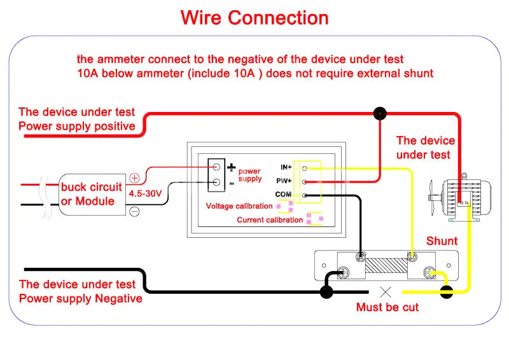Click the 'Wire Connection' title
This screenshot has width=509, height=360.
[x=254, y=18]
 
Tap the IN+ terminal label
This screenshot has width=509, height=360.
[x=286, y=167]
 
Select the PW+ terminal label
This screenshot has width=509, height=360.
[x=284, y=181]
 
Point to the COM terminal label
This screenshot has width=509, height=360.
[x=283, y=194]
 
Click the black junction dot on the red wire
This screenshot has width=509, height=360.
[x=380, y=114]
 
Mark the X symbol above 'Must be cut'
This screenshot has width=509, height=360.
[x=386, y=292]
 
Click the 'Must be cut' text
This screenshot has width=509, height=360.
[x=387, y=307]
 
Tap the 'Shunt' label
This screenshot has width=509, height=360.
[x=442, y=241]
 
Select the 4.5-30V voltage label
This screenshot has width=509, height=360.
[x=145, y=193]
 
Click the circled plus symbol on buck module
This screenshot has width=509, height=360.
[x=134, y=178]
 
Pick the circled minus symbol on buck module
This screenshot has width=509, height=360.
[x=134, y=212]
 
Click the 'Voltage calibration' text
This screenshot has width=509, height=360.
[x=239, y=206]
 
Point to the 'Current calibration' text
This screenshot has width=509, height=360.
[x=270, y=220]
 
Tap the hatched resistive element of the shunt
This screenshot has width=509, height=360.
[x=386, y=266]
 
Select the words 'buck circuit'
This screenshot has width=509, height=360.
[x=91, y=187]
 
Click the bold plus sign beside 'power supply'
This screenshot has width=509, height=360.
[x=231, y=167]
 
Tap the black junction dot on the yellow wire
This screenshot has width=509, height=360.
[x=447, y=292]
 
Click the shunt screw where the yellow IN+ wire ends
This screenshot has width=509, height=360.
[x=412, y=258]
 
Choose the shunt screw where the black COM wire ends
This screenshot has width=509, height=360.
[x=360, y=258]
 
